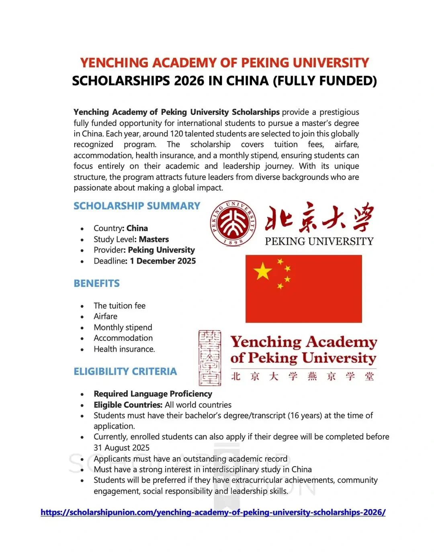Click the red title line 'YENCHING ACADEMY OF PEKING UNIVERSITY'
224,63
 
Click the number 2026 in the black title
189,81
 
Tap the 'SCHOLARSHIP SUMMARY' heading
137,206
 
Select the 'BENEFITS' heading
96,283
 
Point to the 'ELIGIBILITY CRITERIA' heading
125,371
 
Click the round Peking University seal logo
233,223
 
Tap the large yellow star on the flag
263,271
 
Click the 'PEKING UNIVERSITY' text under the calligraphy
319,241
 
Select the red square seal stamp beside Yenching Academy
209,358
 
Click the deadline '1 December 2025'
163,261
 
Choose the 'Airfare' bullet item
105,316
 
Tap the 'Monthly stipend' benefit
123,327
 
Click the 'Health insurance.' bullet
124,349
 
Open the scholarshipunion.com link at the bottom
213,512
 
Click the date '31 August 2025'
121,448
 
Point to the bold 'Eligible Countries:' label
128,405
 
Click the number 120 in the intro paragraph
176,134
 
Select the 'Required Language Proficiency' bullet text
153,394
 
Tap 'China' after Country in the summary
137,228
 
